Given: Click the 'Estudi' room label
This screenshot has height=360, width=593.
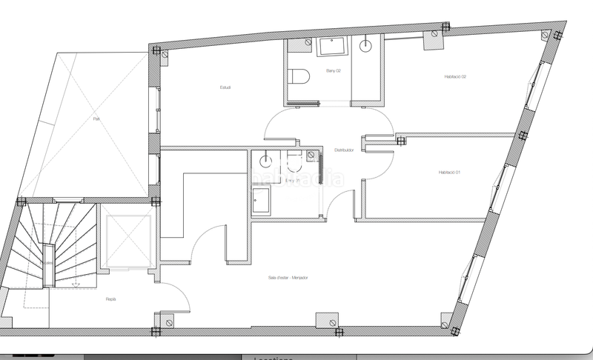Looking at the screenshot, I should (x=225, y=88).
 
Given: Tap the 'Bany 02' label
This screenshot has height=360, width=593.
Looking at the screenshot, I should (x=334, y=71).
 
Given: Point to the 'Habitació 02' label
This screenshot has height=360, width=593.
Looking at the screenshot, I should (x=454, y=76).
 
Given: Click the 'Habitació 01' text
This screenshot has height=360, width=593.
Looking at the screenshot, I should (x=449, y=173).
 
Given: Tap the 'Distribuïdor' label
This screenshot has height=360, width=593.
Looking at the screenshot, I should (x=344, y=150).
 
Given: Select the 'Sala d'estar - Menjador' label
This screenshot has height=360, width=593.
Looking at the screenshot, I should (x=288, y=278).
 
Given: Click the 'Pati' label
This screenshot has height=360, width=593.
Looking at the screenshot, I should (x=96, y=119).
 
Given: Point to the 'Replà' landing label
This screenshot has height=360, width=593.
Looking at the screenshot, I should (x=110, y=299).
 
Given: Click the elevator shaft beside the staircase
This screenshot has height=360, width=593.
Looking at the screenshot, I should (x=127, y=241).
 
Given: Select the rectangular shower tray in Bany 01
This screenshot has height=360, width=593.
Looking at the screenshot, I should (x=260, y=200).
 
